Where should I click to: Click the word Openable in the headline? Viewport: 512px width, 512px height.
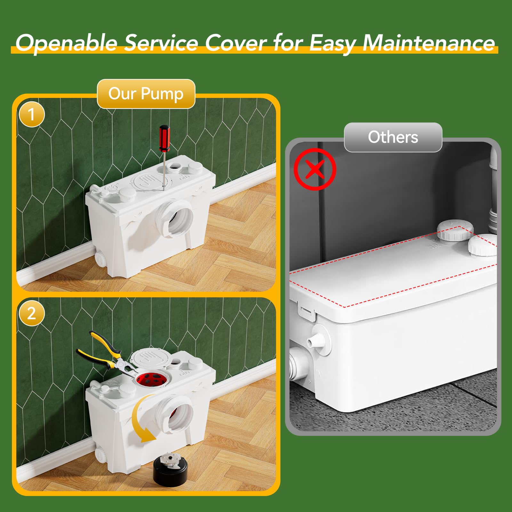point(67,43)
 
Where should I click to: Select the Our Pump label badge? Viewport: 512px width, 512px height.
point(146,94)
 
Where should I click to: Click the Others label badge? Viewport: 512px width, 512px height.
point(393,137)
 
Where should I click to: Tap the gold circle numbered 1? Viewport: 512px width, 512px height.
point(31,114)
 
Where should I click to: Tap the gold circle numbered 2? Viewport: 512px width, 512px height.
point(31,313)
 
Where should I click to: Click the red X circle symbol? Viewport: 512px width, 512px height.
point(315,169)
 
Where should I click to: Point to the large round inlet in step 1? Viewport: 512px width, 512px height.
point(175,219)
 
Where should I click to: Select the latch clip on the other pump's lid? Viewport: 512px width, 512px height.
point(306,311)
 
